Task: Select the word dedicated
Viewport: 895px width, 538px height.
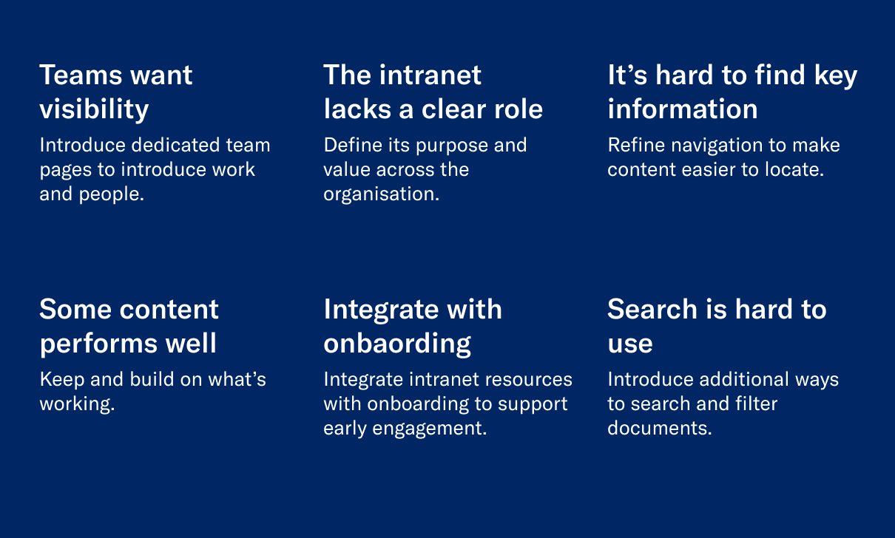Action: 175,145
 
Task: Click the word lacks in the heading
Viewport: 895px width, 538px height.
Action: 357,109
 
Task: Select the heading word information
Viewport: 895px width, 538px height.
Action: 683,109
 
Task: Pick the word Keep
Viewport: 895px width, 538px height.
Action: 61,380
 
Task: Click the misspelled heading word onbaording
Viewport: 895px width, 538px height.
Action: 397,344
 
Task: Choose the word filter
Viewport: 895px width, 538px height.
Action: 757,403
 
